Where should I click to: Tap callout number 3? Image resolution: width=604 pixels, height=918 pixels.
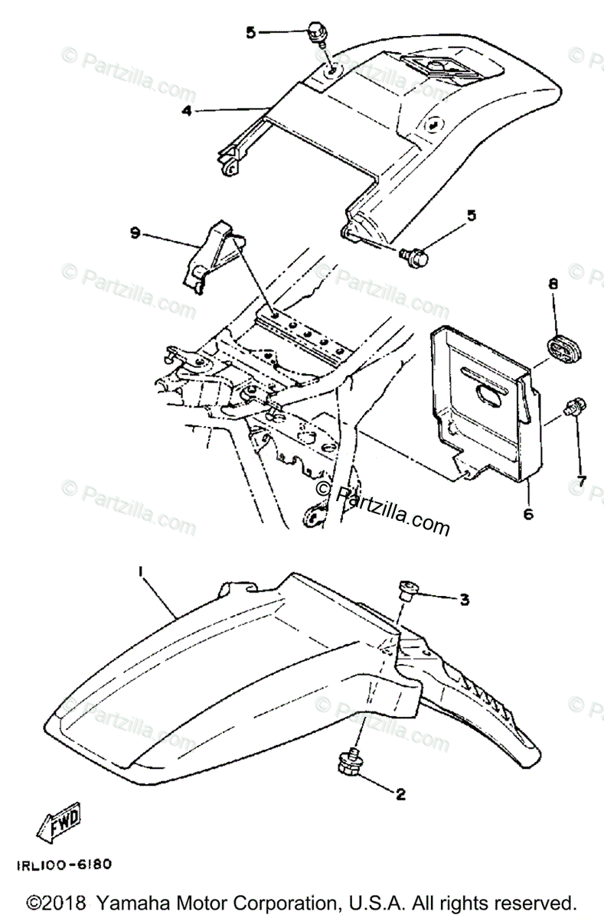464,600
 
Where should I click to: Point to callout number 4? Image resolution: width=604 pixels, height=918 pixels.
187,110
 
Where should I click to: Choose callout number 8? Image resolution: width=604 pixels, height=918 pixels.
552,284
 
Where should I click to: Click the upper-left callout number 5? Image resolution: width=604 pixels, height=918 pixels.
250,32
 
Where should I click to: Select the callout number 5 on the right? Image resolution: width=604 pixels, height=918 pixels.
472,215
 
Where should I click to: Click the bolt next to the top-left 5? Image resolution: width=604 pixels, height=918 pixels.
315,34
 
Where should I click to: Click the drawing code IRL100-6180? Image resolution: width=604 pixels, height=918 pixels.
63,865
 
